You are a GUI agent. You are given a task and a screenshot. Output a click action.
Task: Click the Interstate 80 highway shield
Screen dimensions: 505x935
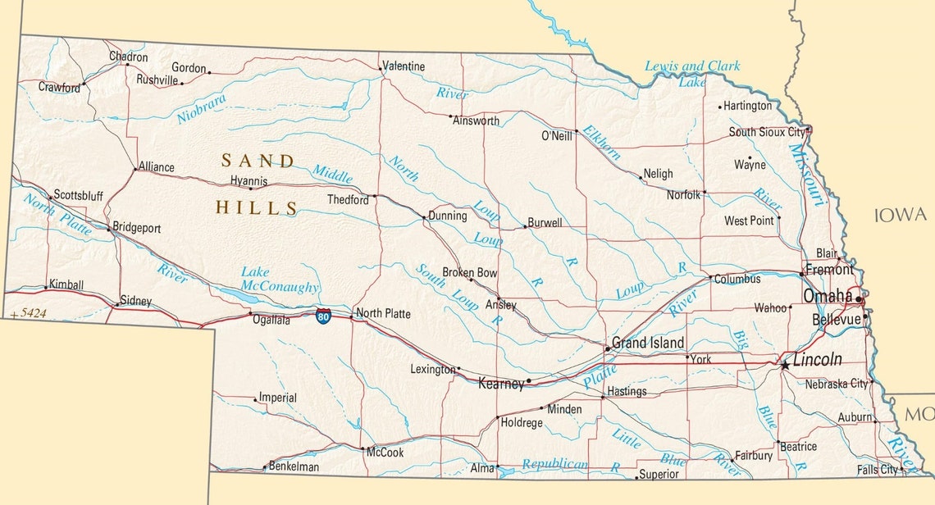[324, 316]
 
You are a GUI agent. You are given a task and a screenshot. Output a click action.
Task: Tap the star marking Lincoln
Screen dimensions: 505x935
[785, 364]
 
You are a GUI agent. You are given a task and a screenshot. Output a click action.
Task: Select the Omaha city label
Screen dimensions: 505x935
[828, 296]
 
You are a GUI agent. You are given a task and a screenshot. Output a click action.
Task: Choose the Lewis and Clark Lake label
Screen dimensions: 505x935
[691, 73]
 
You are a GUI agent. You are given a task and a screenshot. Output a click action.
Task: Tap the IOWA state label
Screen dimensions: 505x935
[900, 216]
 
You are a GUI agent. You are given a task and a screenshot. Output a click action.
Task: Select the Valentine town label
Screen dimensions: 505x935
[404, 66]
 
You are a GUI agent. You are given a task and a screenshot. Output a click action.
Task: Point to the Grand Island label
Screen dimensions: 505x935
[649, 342]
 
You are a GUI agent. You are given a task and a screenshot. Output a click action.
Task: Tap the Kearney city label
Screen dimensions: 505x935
[500, 383]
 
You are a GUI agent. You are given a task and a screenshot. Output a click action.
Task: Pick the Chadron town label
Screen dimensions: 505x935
[129, 57]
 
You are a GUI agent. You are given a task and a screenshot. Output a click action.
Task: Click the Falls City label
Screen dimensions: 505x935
[877, 470]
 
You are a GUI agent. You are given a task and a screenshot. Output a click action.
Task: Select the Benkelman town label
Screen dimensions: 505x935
[294, 466]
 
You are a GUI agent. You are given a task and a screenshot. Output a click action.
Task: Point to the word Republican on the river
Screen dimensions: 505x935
[554, 464]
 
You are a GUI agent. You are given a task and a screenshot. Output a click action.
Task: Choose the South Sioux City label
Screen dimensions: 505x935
[767, 132]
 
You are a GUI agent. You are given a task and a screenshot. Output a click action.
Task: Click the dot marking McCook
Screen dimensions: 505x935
[363, 448]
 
